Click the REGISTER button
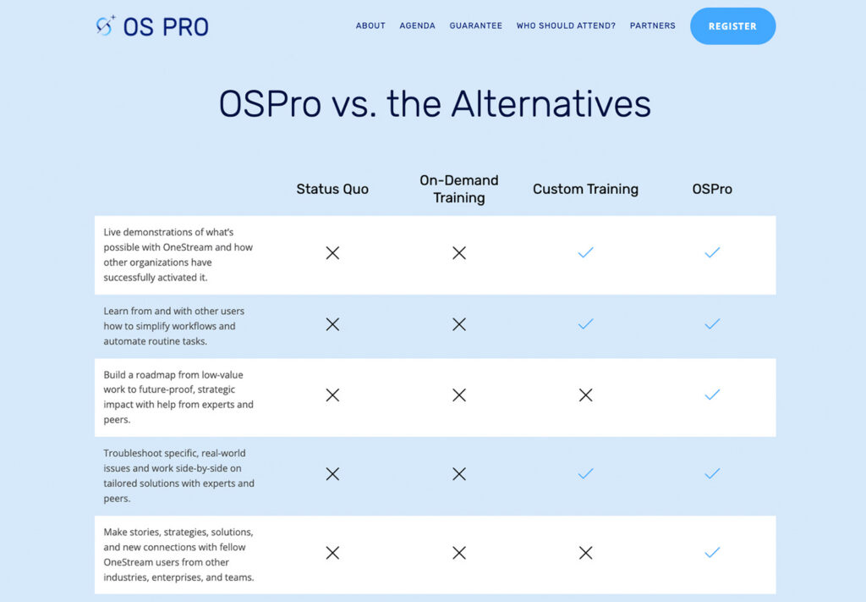(x=732, y=26)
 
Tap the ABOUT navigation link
(x=370, y=26)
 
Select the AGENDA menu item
(x=417, y=26)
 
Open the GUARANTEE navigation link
(x=475, y=26)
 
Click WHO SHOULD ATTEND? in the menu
(x=566, y=26)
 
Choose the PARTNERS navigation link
(x=652, y=26)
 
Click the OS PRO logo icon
(x=106, y=26)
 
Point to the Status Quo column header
(x=332, y=189)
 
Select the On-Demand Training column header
(x=459, y=189)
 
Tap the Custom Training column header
(x=585, y=189)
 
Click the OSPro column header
(x=712, y=189)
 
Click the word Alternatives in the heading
(x=551, y=104)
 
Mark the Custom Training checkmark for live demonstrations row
(x=585, y=252)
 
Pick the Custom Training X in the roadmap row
(x=585, y=395)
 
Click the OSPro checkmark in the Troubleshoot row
(x=712, y=473)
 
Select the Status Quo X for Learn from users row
(x=332, y=324)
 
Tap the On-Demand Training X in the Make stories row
(x=459, y=553)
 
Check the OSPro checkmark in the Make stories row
(x=712, y=552)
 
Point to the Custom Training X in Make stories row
(x=585, y=553)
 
